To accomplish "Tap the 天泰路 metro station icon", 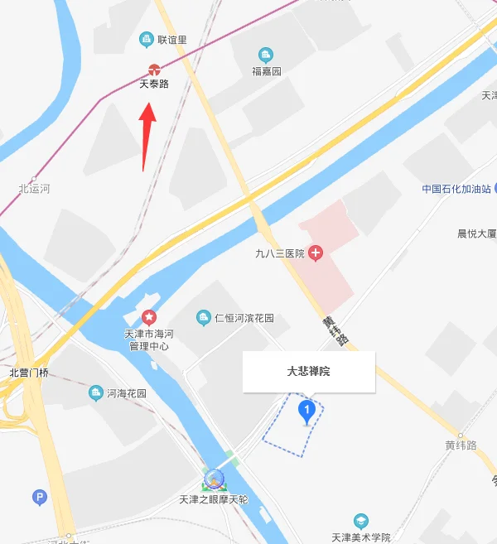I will click(153, 70).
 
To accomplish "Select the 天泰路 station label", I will click(153, 84).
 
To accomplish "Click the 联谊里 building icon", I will click(147, 38).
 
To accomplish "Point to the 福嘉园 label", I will click(267, 71).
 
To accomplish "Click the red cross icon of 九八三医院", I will click(316, 253).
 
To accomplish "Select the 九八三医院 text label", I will click(280, 253).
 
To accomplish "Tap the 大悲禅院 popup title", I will click(308, 372).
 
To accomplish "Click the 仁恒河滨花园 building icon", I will click(203, 318).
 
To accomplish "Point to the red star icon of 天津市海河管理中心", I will click(149, 316).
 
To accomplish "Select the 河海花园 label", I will click(126, 394).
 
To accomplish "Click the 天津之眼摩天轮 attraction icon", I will click(215, 479).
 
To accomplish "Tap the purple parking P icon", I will click(39, 498).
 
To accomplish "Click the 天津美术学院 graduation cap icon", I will click(360, 521).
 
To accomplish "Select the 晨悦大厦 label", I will click(476, 233).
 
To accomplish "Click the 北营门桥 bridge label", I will click(29, 373).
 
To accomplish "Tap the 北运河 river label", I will click(34, 189).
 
